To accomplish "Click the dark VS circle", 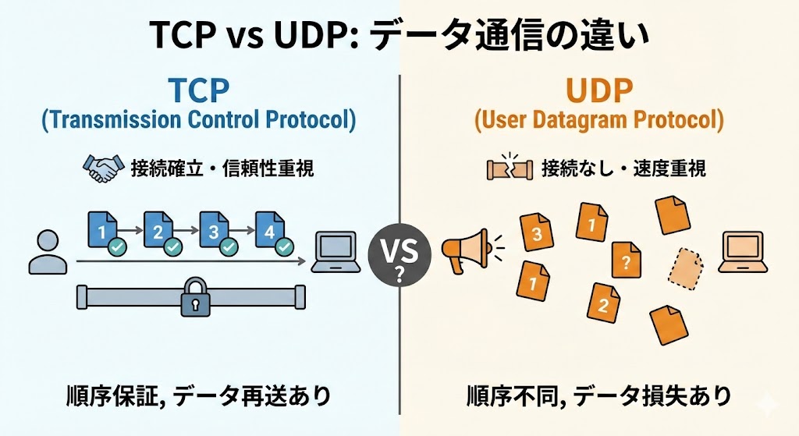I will (399, 252).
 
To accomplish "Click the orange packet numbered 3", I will (537, 233).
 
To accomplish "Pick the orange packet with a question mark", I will (626, 261).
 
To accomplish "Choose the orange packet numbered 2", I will (603, 304).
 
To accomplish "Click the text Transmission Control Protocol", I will (198, 122).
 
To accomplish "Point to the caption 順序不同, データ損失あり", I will (598, 395).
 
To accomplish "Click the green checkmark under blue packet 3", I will (228, 247).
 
